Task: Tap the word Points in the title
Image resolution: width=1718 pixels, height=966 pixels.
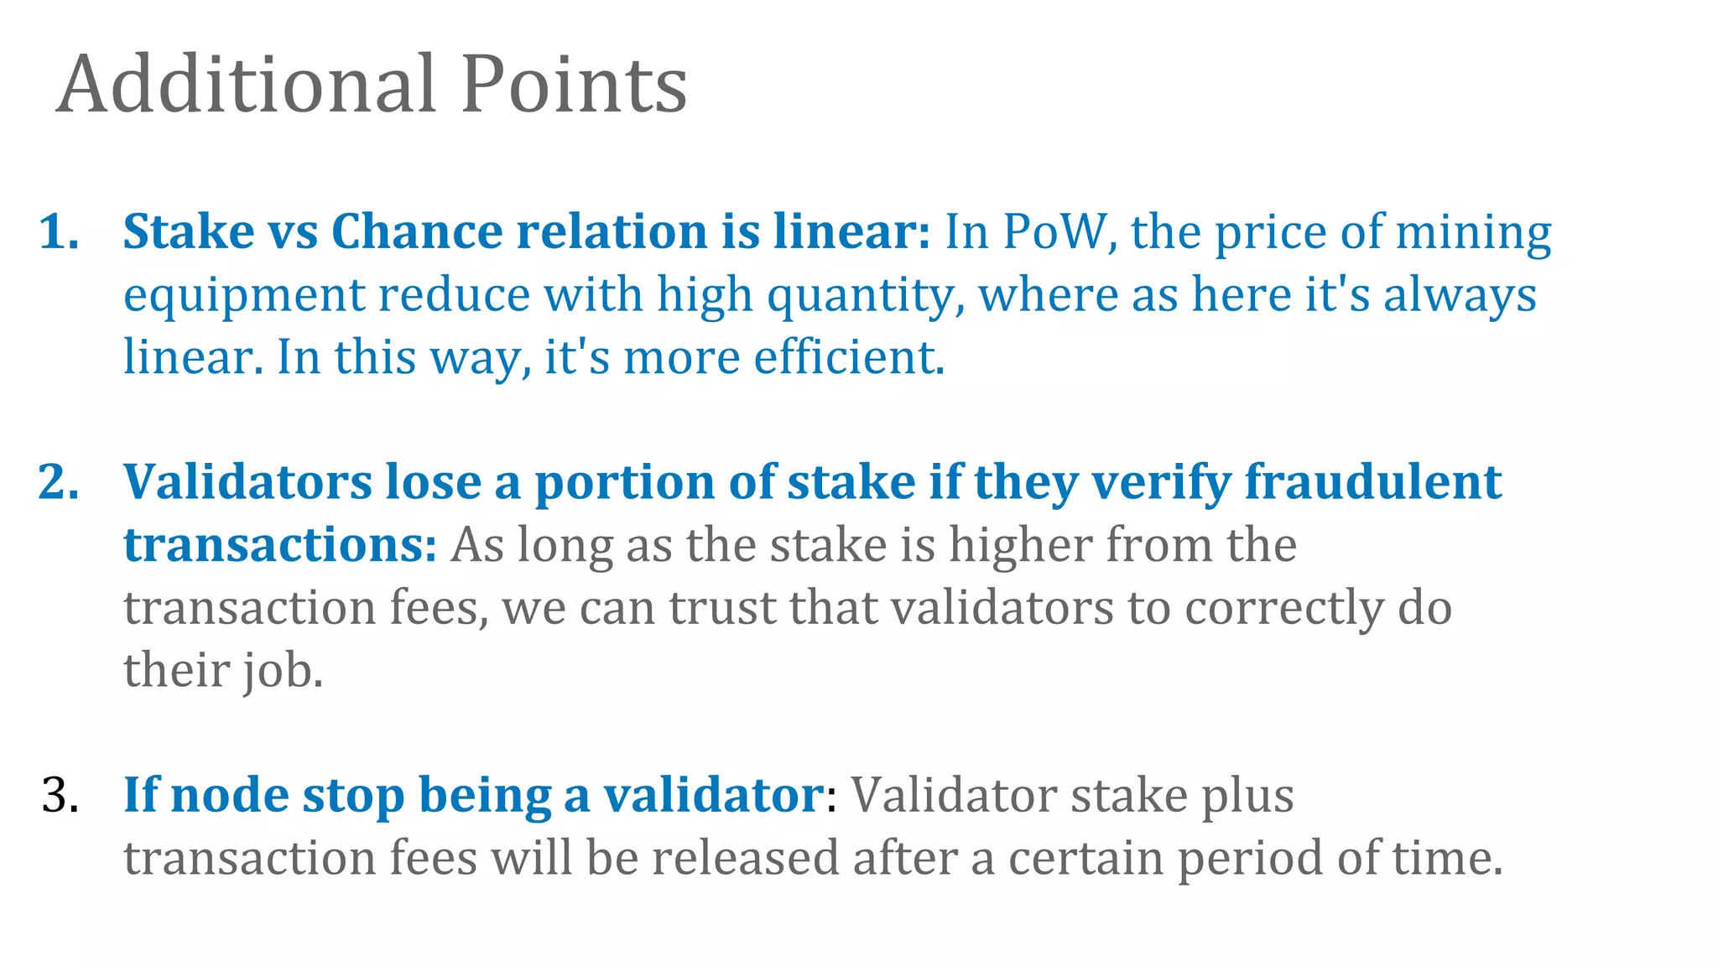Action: (574, 84)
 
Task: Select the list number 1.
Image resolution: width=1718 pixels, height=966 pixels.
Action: (59, 231)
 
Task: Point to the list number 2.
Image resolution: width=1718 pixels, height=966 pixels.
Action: (59, 482)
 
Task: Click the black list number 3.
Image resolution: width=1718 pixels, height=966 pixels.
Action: (60, 795)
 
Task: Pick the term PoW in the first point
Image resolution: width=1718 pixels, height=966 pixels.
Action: (1059, 231)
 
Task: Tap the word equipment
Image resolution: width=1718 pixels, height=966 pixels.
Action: (244, 296)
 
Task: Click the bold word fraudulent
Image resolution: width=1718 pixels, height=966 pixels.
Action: (1372, 482)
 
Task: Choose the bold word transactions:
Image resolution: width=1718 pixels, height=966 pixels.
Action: (279, 545)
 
